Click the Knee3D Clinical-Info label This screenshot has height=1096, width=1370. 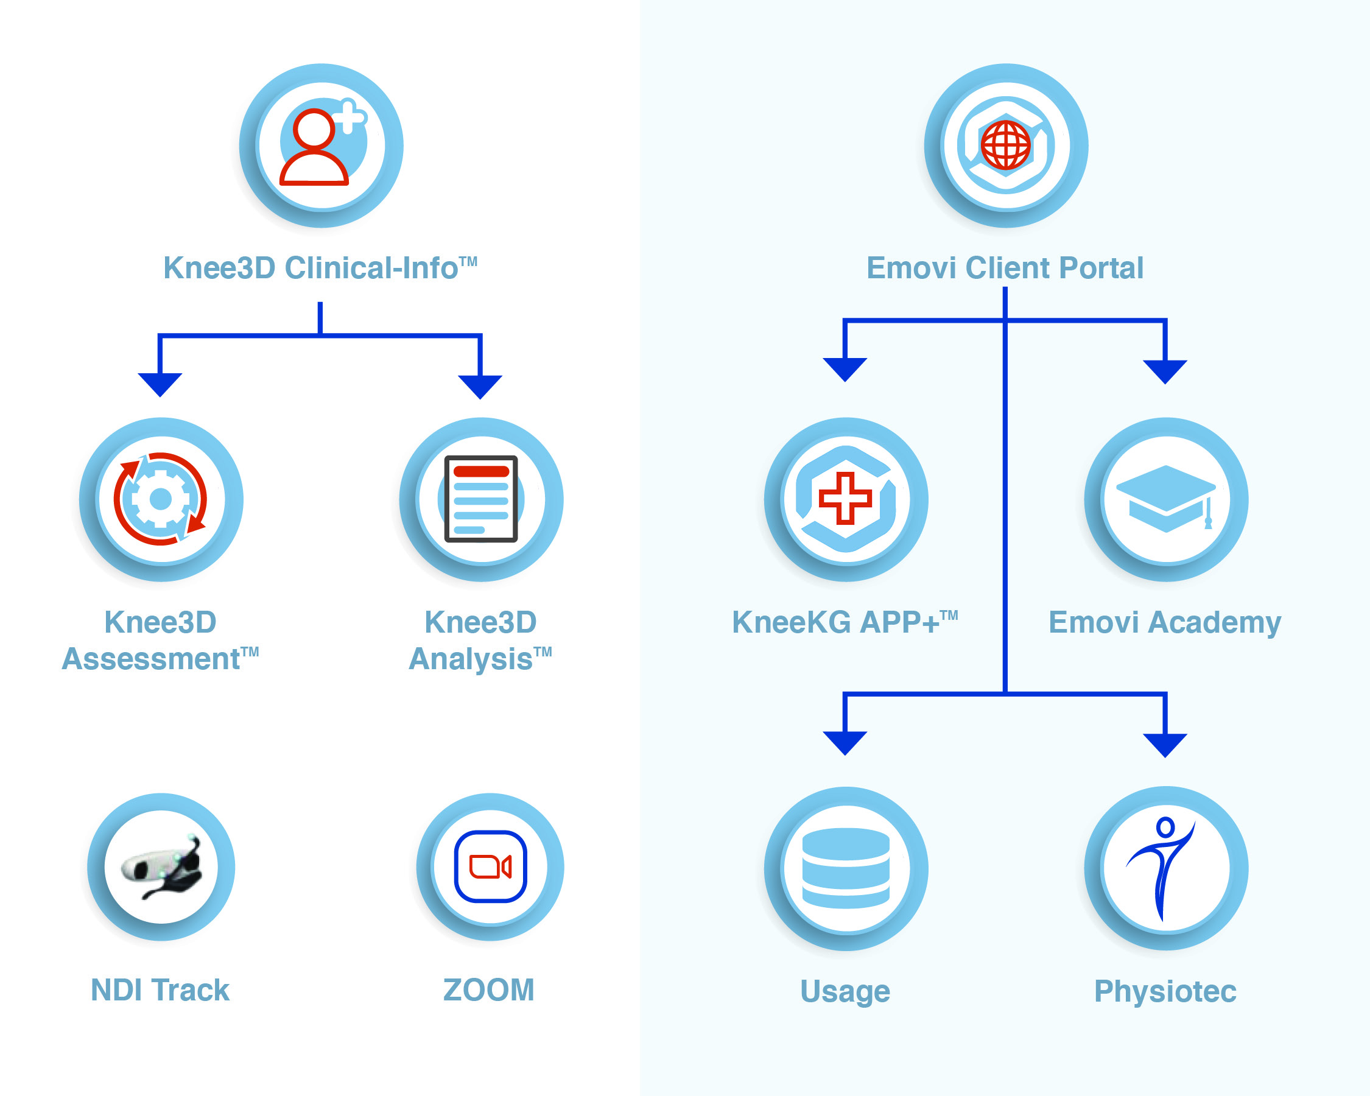tap(320, 267)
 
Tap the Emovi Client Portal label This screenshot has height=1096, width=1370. tap(1005, 267)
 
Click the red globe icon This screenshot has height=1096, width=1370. tap(1005, 145)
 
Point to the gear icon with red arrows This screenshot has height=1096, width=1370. tap(160, 499)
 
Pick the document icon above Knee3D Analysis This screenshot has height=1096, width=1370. tap(481, 499)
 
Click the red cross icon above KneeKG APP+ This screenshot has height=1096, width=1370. tap(845, 498)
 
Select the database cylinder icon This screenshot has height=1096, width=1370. tap(846, 868)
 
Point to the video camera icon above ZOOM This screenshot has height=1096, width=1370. tap(491, 866)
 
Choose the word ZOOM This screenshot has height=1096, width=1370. tap(489, 990)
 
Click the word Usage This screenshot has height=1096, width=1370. tap(845, 992)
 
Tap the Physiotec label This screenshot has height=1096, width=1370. tap(1165, 992)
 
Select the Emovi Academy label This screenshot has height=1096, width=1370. tap(1165, 623)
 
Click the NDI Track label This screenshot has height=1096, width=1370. tap(160, 990)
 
